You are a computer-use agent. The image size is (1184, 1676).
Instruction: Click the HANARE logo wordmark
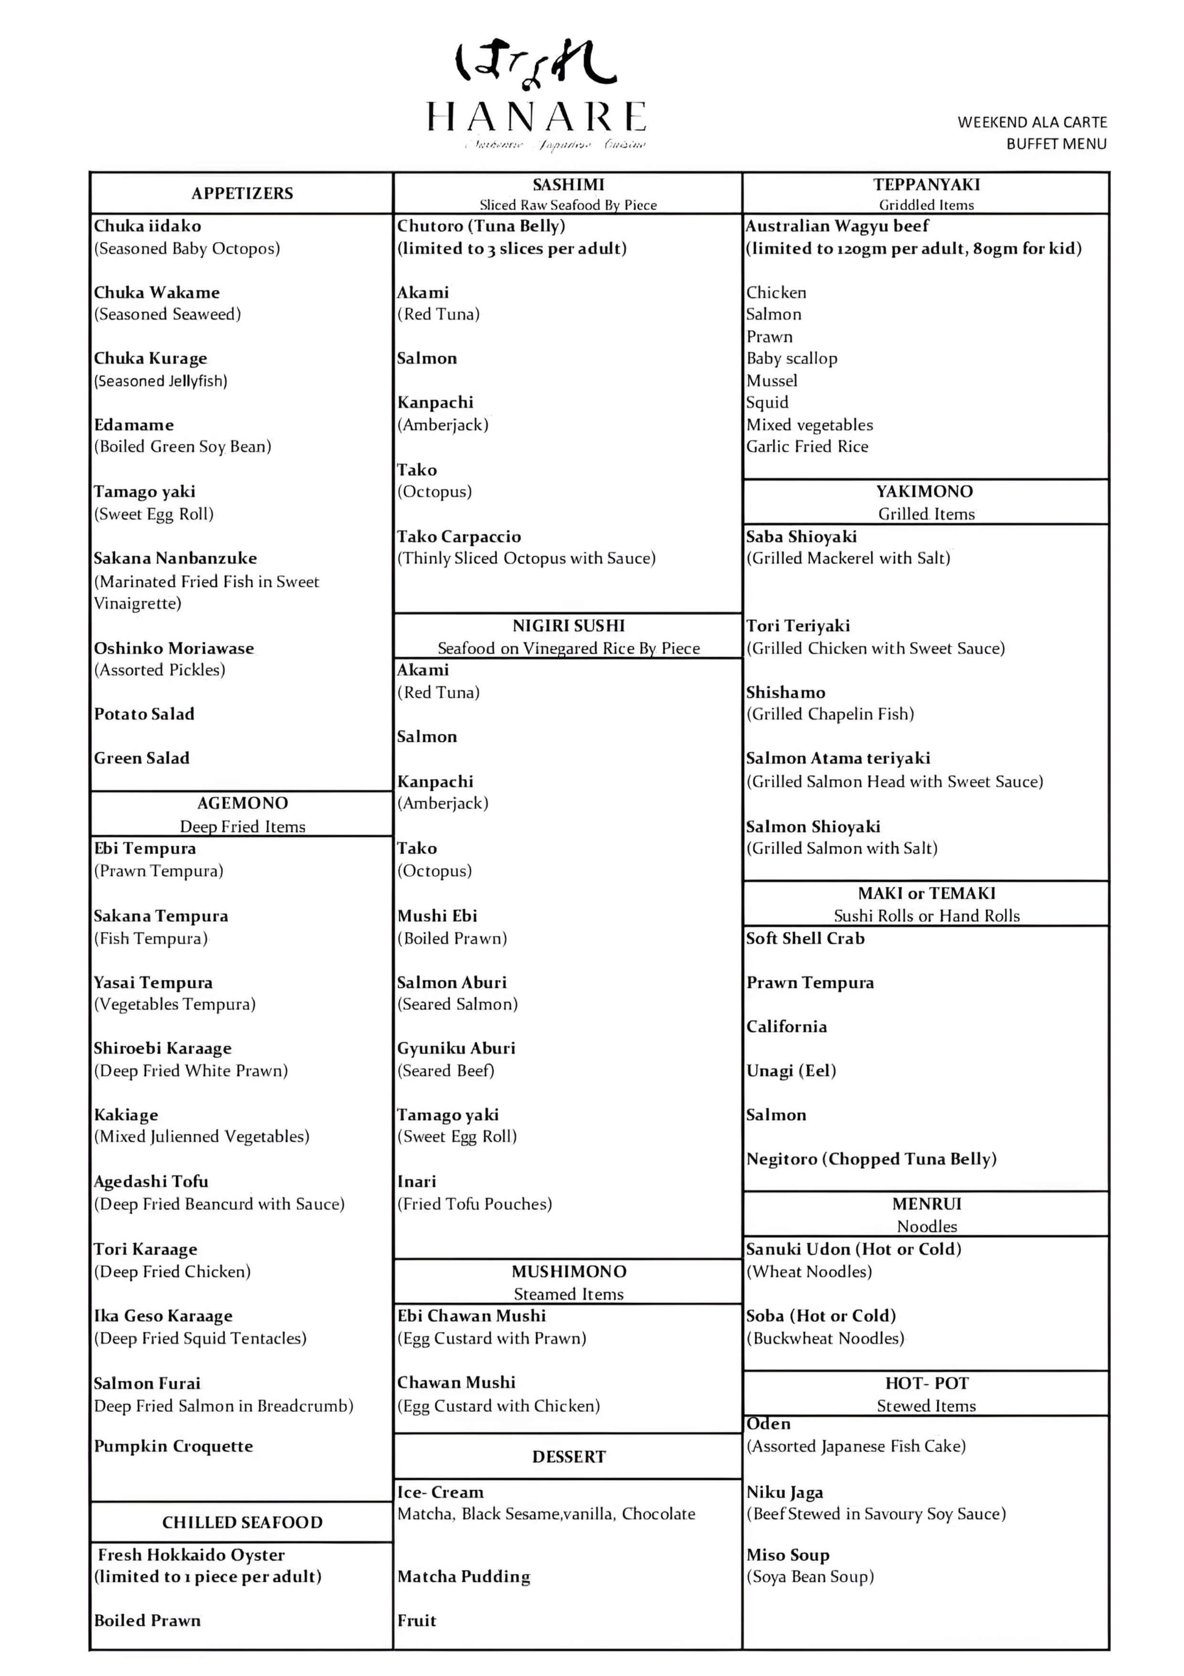coord(536,117)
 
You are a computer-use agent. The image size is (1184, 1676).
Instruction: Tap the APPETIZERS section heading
coord(242,193)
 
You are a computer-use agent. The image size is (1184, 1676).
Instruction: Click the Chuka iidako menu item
coord(148,226)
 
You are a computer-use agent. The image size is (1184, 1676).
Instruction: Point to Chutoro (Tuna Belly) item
coord(481,226)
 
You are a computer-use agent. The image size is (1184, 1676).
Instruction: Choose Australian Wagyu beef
coord(837,226)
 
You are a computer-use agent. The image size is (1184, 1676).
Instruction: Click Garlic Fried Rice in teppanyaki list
coord(807,447)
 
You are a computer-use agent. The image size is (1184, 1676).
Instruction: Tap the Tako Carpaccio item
coord(459,537)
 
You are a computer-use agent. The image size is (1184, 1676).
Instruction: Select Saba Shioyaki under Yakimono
coord(801,537)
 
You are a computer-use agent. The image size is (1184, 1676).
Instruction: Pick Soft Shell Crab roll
coord(804,939)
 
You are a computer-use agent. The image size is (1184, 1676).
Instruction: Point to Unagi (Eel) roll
coord(791,1071)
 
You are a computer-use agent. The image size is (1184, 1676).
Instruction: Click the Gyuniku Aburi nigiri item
coord(456,1048)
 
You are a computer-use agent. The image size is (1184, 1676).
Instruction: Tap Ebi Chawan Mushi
coord(471,1315)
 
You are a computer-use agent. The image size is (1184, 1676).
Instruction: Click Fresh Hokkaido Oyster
coord(191,1554)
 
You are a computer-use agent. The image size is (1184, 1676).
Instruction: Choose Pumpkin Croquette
coord(173,1446)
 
